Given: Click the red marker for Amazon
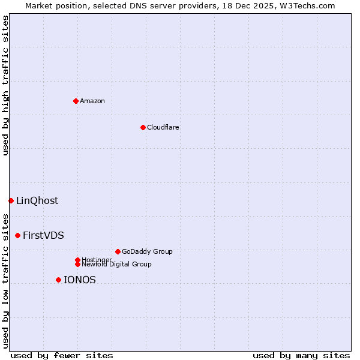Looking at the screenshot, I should (76, 101).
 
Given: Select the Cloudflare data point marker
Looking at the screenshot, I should (143, 127).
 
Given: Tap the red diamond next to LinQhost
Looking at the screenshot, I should (11, 200).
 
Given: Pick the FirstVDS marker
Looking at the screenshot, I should (18, 235).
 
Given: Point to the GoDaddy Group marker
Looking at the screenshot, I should (118, 251).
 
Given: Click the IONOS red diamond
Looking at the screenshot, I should (58, 280).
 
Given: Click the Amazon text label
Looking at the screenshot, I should (92, 101).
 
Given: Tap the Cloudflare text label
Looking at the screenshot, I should (163, 127).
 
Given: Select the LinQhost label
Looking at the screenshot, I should (37, 200).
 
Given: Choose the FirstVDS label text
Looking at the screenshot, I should (43, 235).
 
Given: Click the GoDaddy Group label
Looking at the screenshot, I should (147, 251).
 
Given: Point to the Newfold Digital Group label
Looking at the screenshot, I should (116, 264).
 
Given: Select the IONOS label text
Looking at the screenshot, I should (80, 280).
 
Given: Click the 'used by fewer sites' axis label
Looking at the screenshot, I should (62, 355).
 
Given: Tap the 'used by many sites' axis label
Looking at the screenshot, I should (301, 355).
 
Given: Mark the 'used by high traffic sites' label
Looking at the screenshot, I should (6, 85).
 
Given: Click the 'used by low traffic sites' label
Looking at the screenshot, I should (6, 280).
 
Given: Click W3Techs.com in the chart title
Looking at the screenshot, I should (310, 5).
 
